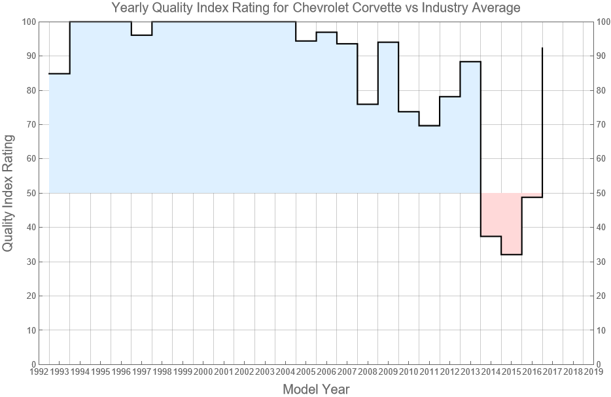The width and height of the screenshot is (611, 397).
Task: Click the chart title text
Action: [316, 9]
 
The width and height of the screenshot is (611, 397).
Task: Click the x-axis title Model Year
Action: [316, 389]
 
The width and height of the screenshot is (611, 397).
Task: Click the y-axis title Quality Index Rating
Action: [9, 193]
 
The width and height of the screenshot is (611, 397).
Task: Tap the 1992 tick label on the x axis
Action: [39, 372]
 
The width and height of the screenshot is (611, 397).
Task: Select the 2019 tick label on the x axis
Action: [593, 372]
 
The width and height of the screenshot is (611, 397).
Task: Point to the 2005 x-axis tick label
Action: [306, 372]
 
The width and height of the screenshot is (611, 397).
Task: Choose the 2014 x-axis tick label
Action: [491, 372]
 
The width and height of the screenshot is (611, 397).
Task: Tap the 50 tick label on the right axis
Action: [604, 193]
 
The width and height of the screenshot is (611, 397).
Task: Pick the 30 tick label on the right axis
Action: [604, 262]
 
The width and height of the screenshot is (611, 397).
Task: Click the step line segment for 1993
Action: [59, 73]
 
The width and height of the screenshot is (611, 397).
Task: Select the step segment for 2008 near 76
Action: [368, 104]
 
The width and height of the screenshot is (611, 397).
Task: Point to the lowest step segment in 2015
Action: [512, 254]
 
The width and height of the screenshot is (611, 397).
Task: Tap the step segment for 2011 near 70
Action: [429, 126]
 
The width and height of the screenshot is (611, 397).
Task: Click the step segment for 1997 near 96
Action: [141, 35]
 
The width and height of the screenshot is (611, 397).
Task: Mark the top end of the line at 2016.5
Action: [542, 48]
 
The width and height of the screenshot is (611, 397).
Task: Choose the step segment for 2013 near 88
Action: [470, 61]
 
